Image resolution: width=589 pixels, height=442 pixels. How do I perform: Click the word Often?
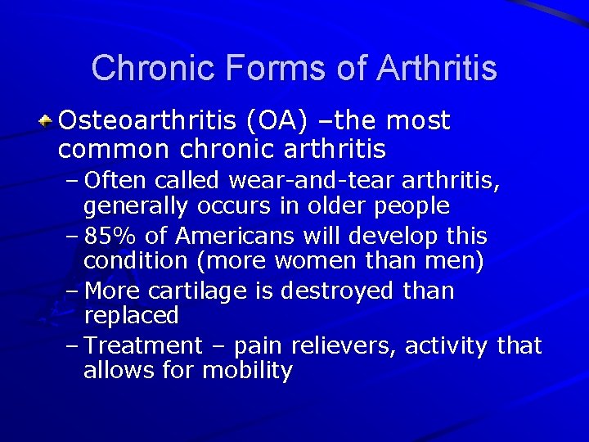point(115,179)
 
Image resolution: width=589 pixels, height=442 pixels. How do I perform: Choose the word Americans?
point(234,237)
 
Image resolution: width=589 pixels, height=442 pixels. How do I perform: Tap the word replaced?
point(131,315)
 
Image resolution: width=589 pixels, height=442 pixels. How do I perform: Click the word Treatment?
point(142,346)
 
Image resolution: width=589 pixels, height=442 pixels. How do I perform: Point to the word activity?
point(447,346)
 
